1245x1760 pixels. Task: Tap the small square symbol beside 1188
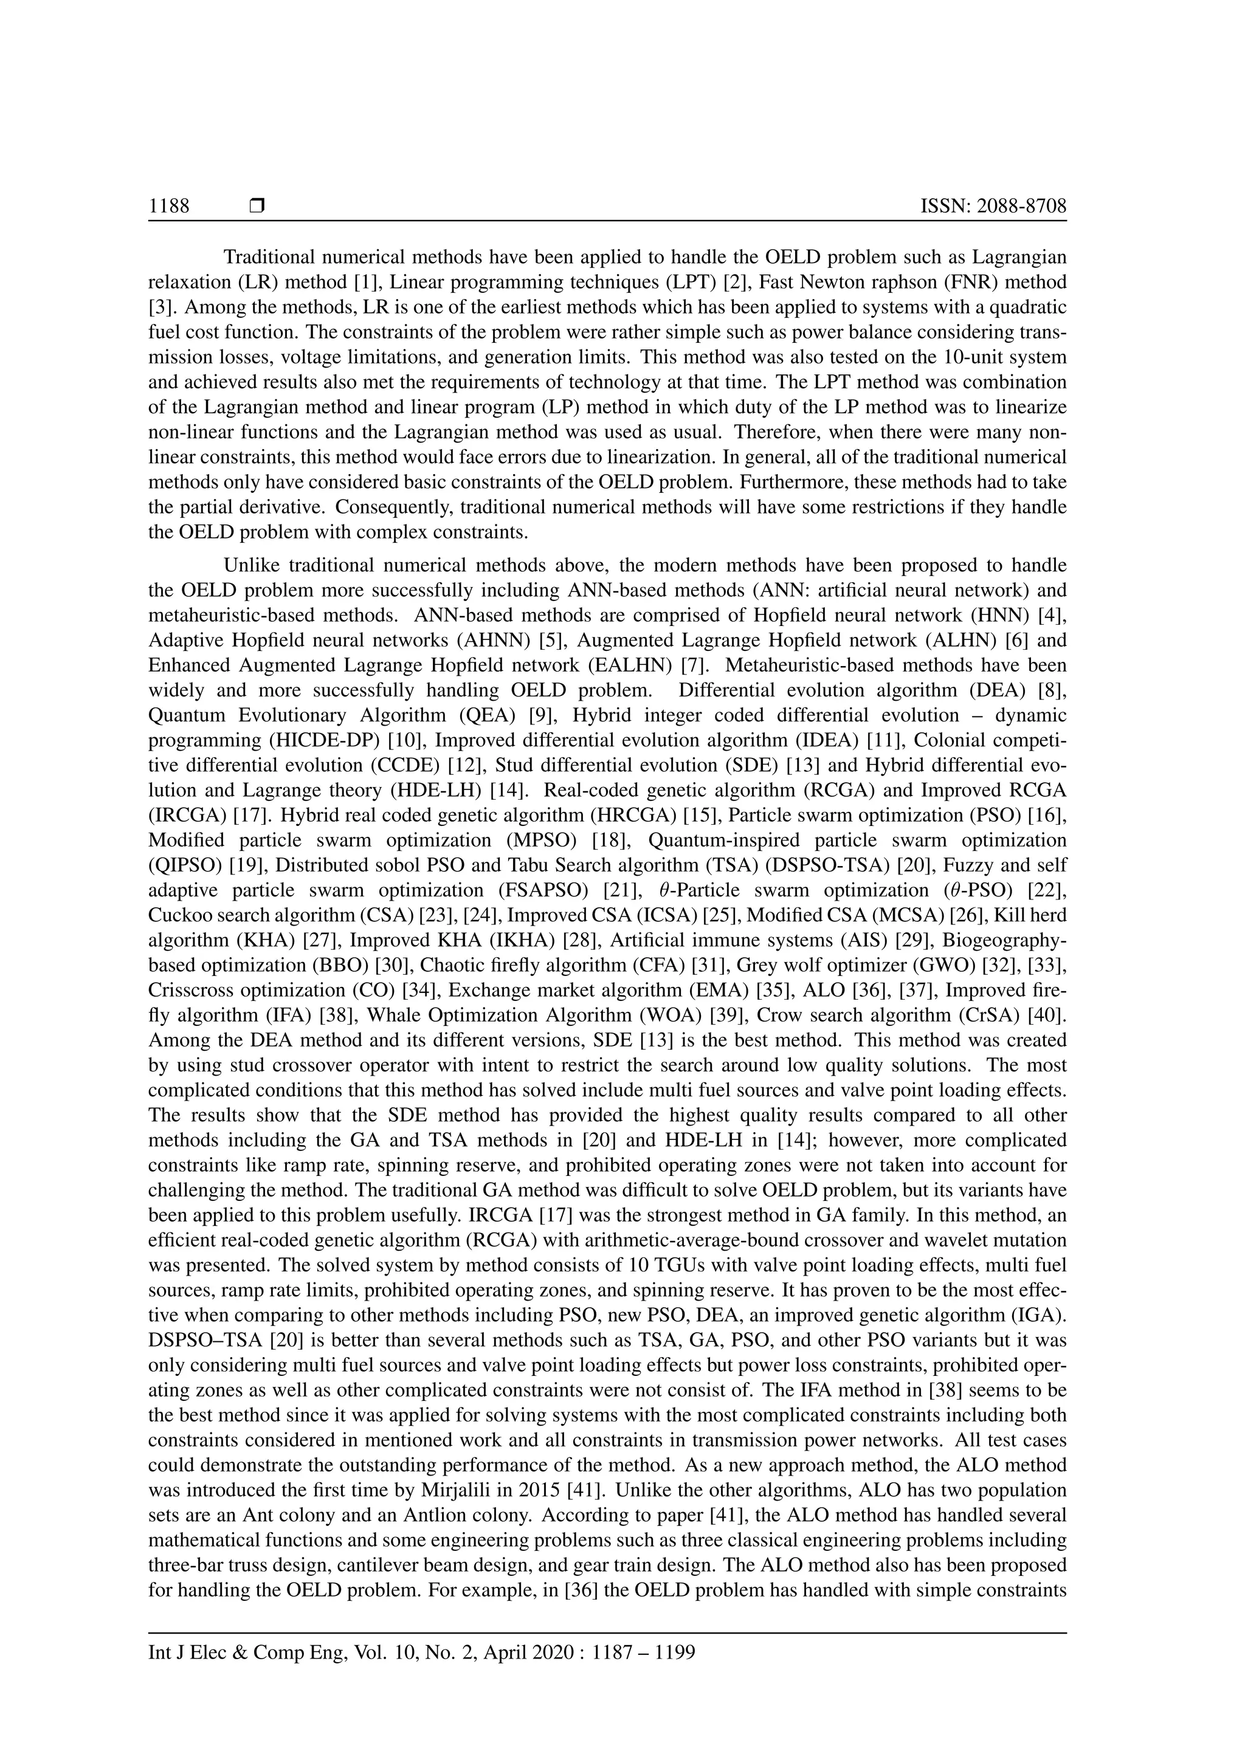click(257, 206)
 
